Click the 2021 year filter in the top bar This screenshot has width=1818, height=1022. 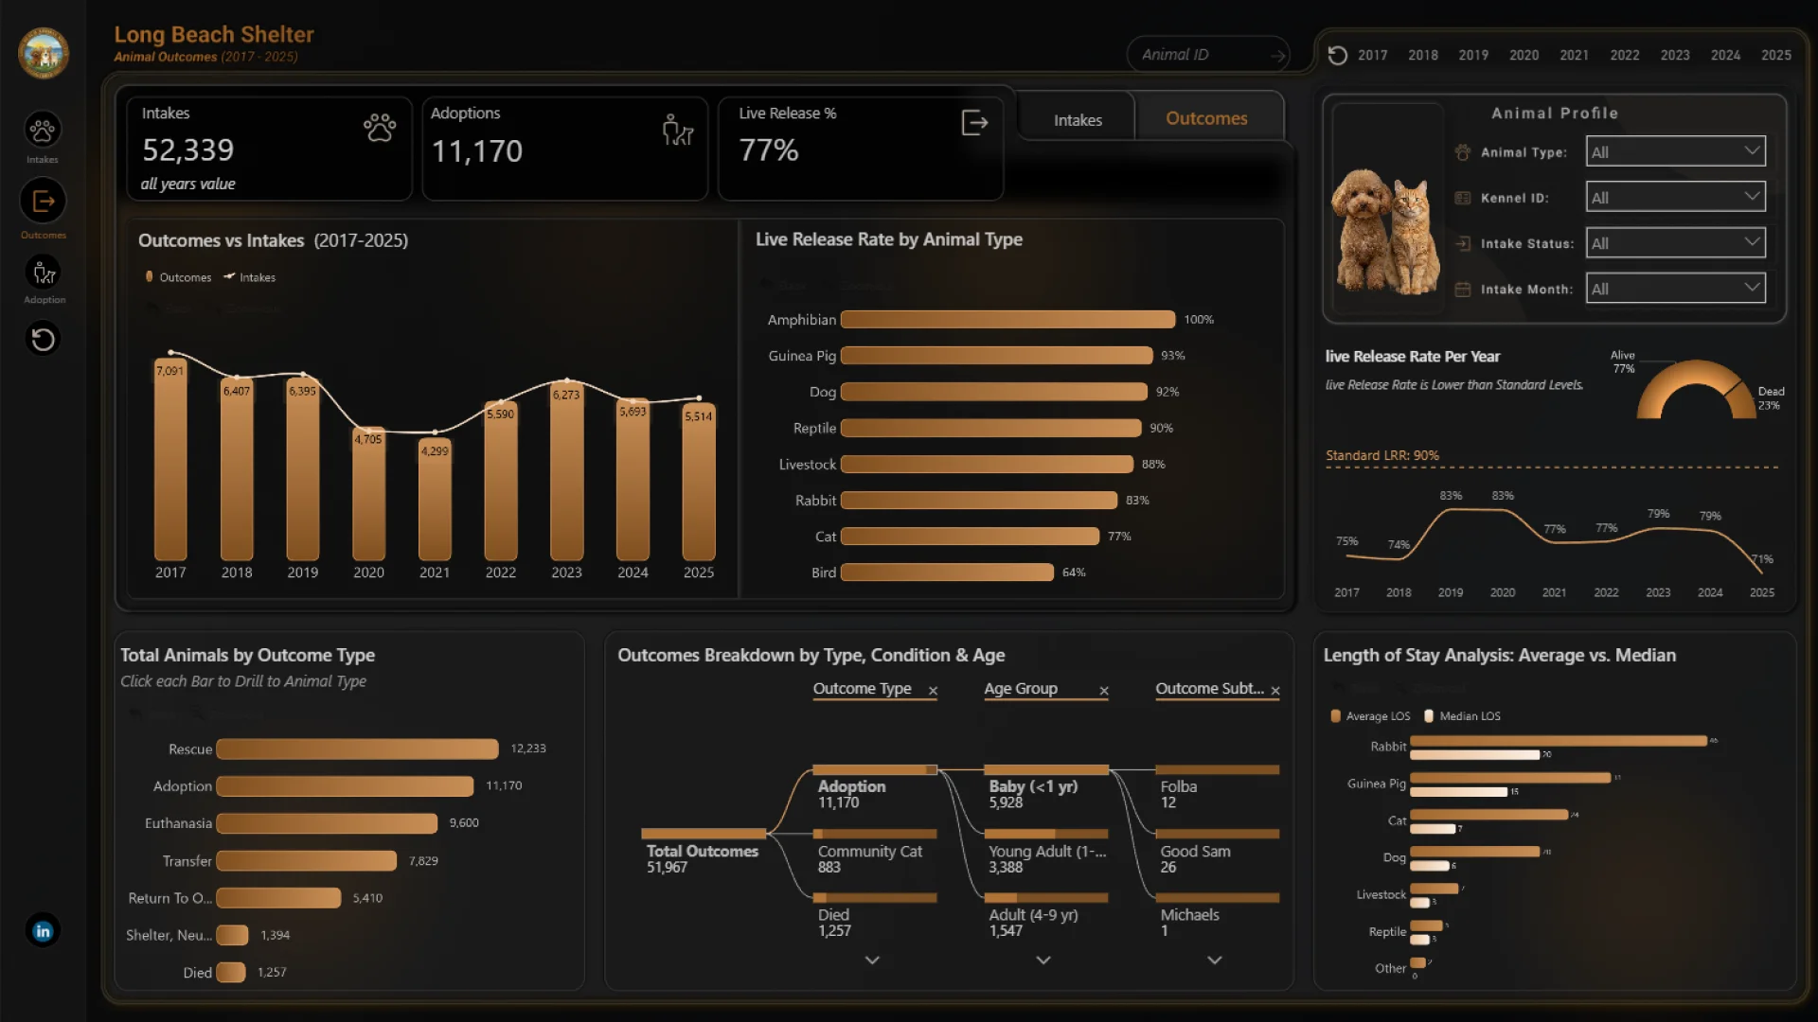(1574, 55)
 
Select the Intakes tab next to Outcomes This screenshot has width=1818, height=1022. (1078, 120)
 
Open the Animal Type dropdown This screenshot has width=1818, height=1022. (1675, 151)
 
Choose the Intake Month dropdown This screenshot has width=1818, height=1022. (1675, 289)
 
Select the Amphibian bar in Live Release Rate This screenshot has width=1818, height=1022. (1007, 320)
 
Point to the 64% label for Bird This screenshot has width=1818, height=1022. (1074, 573)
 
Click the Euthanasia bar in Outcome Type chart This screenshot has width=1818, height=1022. (327, 823)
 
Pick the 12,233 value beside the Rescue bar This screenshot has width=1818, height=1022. (528, 749)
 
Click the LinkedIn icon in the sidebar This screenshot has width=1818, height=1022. (43, 931)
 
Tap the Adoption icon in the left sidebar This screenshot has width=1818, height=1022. (44, 274)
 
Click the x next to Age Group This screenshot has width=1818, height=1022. (1104, 691)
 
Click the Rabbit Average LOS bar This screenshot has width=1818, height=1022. (1558, 741)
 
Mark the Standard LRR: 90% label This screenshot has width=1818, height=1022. (1381, 455)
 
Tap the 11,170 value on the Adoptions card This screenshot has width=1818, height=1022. (476, 151)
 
